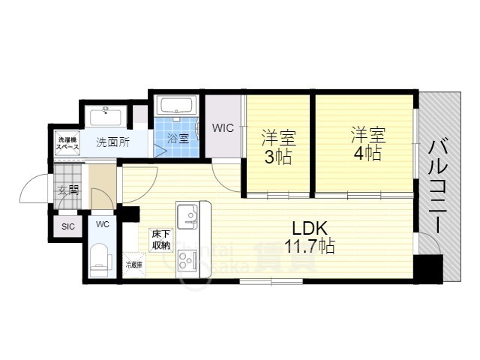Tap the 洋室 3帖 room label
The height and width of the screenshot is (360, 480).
coord(278,147)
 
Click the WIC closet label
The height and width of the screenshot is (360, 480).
coord(222,128)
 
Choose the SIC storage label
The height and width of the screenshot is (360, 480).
coord(68,226)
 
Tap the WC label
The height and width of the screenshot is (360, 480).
coord(101,223)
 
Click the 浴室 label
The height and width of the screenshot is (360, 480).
coord(178,138)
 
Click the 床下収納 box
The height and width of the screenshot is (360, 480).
coord(160,239)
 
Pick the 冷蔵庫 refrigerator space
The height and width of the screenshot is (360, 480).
coord(133,264)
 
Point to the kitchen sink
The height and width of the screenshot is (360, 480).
coord(187,217)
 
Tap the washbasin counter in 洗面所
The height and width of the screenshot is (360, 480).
coord(105,116)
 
